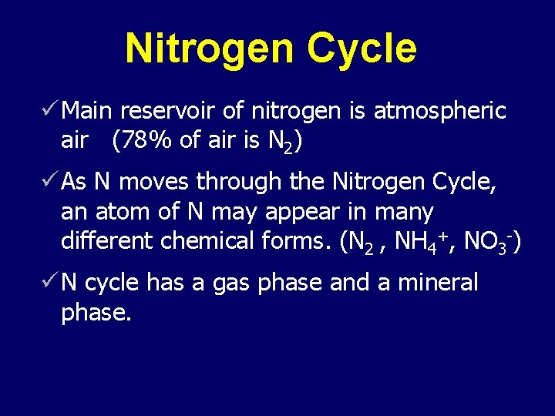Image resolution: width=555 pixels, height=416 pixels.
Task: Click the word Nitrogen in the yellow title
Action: (210, 49)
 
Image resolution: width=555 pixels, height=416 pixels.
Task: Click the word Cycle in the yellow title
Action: (362, 49)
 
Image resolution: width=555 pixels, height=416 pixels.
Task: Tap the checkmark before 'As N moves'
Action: (51, 181)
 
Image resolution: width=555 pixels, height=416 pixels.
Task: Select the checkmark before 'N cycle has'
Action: (51, 283)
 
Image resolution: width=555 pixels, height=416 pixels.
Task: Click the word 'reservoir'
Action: (169, 112)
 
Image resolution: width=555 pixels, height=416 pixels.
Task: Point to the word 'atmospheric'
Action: (439, 112)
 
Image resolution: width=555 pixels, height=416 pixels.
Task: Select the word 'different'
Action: (107, 241)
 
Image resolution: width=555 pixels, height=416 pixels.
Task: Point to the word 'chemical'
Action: (207, 241)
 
